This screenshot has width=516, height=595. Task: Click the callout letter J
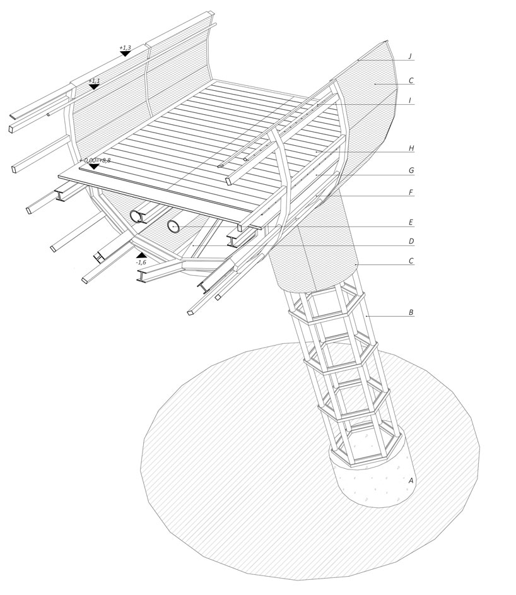(x=410, y=56)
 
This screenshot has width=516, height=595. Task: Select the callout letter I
(x=410, y=100)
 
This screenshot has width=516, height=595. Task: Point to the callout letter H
(x=410, y=148)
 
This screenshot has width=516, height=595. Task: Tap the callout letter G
(x=410, y=170)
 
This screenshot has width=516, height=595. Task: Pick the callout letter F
(x=410, y=192)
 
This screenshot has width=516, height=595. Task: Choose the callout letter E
(x=410, y=222)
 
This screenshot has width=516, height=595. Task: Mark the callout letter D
(x=410, y=241)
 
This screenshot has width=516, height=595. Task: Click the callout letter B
(x=410, y=312)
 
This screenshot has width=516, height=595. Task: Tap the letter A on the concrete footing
(x=411, y=481)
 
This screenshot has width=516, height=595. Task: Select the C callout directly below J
(x=410, y=80)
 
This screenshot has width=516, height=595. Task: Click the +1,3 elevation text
(x=125, y=47)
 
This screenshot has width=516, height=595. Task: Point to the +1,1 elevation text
(x=94, y=81)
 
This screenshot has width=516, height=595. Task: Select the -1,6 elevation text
(x=141, y=262)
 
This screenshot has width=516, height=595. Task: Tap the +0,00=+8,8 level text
(x=95, y=160)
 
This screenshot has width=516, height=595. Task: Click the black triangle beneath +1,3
(x=125, y=54)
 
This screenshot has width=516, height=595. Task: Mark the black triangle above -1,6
(x=141, y=255)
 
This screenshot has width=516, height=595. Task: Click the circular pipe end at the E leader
(x=173, y=226)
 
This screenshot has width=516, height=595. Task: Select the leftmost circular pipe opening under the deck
(x=136, y=216)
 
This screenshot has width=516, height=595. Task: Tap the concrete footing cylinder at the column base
(x=372, y=480)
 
